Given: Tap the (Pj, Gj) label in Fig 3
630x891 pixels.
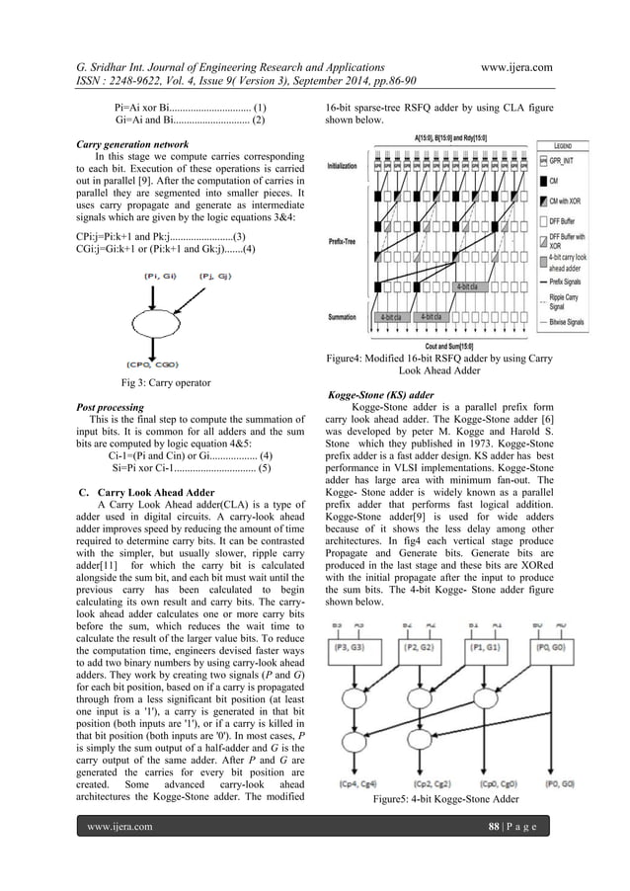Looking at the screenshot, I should (216, 276).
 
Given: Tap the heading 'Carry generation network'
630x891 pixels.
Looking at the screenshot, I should (127, 143).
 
